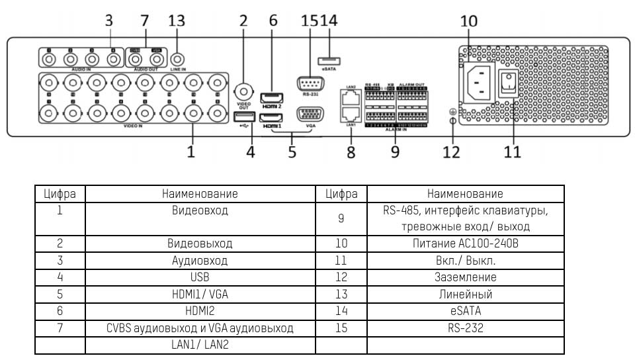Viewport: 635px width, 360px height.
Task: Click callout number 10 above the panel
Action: point(468,21)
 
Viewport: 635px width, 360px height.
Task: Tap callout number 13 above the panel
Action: point(177,21)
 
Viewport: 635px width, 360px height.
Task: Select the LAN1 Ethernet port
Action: point(351,113)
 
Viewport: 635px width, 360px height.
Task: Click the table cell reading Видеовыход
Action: point(200,244)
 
